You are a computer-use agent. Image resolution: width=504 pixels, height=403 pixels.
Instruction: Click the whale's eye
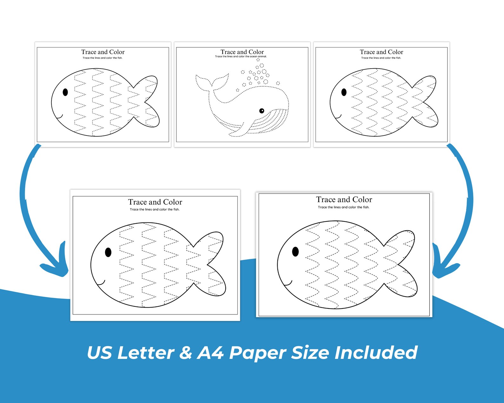click(262, 111)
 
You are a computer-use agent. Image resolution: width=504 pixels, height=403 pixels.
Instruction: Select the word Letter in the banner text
click(145, 353)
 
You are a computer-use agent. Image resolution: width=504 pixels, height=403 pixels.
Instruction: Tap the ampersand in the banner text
click(186, 353)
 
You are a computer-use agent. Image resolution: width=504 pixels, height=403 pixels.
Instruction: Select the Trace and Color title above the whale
click(242, 52)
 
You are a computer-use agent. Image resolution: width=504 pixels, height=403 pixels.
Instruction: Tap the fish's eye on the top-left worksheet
click(65, 92)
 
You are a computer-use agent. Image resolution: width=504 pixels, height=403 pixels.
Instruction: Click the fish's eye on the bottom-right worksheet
click(295, 252)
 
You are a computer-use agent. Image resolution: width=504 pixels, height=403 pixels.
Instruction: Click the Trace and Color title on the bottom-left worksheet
click(155, 202)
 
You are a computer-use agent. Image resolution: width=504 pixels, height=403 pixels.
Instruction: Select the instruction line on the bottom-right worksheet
click(344, 207)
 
